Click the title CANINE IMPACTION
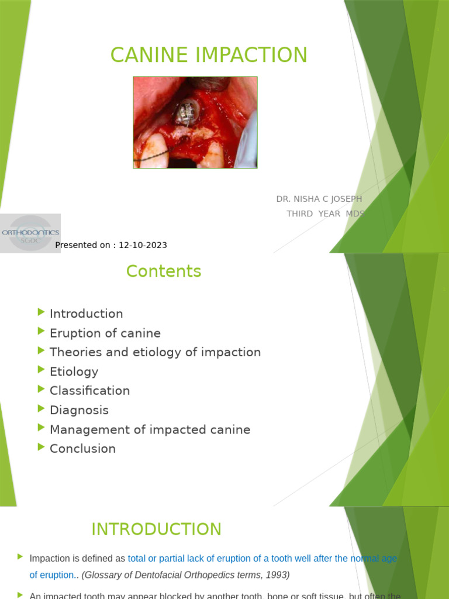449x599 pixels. coord(209,55)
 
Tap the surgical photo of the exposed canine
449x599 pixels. coord(195,123)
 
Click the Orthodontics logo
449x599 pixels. coord(30,233)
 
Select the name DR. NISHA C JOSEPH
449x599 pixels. coord(319,199)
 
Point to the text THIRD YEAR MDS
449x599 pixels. coord(325,214)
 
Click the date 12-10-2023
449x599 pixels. coord(143,245)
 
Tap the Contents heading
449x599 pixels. coord(164,271)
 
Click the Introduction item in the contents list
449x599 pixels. coord(87,314)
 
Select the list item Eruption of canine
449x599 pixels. coord(105,333)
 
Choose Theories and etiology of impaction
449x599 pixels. coord(156,352)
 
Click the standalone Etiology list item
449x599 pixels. coord(74,371)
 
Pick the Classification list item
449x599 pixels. coord(90,391)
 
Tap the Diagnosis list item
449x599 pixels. coord(80,410)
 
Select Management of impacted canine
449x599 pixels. coord(150,429)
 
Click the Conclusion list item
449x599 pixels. coord(83,449)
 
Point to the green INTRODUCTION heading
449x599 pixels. coord(157,529)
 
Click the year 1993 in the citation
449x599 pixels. coord(277,575)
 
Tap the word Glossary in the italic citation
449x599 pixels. coord(103,575)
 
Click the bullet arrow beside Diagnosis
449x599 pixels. coord(40,408)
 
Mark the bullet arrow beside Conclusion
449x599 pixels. coord(40,447)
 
